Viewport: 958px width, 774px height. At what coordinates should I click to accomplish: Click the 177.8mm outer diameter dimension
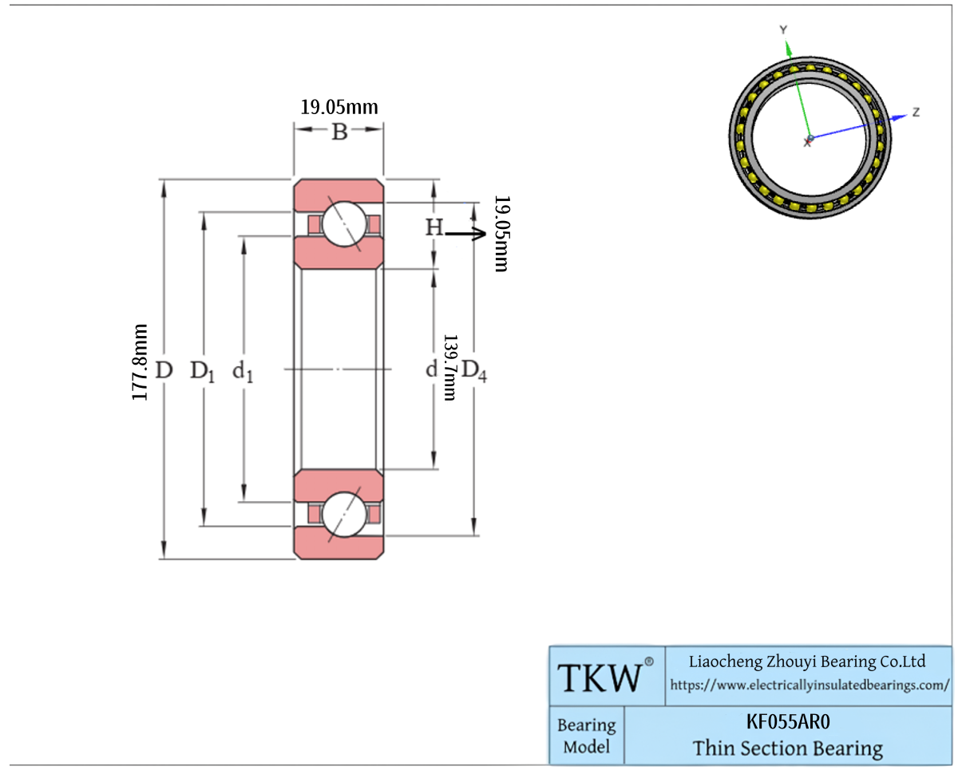pos(140,361)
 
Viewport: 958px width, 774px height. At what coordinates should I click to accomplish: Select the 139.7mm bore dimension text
pos(449,367)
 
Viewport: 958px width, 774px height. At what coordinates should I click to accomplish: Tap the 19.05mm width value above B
pos(339,108)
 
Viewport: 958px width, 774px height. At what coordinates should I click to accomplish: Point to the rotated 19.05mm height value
pos(501,233)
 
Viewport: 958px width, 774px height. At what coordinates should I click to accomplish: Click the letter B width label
pos(339,132)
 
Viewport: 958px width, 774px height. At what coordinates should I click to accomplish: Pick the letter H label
pos(434,227)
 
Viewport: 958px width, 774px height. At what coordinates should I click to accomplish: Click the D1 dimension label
pos(203,372)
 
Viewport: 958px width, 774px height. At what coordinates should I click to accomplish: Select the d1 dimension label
pos(243,372)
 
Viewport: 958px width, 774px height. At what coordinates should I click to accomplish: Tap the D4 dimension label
pos(474,371)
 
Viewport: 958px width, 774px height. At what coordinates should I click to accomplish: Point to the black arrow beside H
pos(465,233)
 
